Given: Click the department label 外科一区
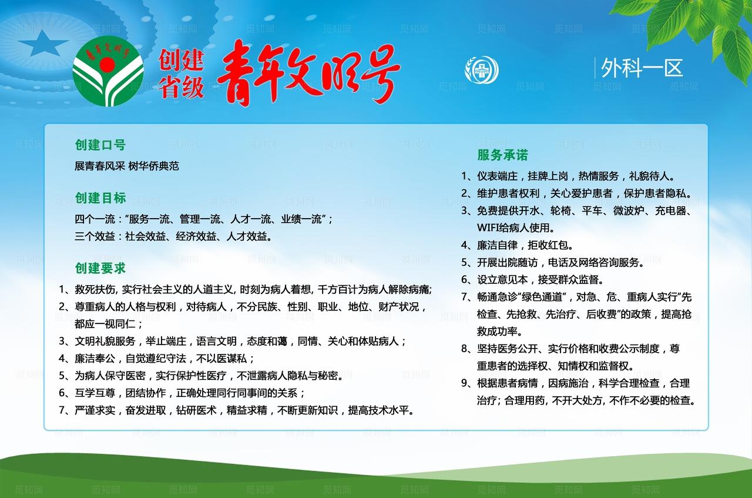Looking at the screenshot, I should pos(642,68).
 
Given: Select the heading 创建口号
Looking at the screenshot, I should pos(100,145).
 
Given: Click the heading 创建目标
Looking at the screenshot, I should pos(100,198).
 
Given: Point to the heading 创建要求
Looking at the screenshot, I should pos(100,269).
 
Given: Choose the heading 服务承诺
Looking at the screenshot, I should pos(502,155).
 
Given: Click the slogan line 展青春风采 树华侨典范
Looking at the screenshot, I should pos(126,166).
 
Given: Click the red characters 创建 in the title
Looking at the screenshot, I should pos(181,59).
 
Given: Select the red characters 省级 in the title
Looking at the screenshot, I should pos(181,88).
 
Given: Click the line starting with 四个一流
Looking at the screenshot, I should pos(203,219).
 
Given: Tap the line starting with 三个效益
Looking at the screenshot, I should pos(173,236).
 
